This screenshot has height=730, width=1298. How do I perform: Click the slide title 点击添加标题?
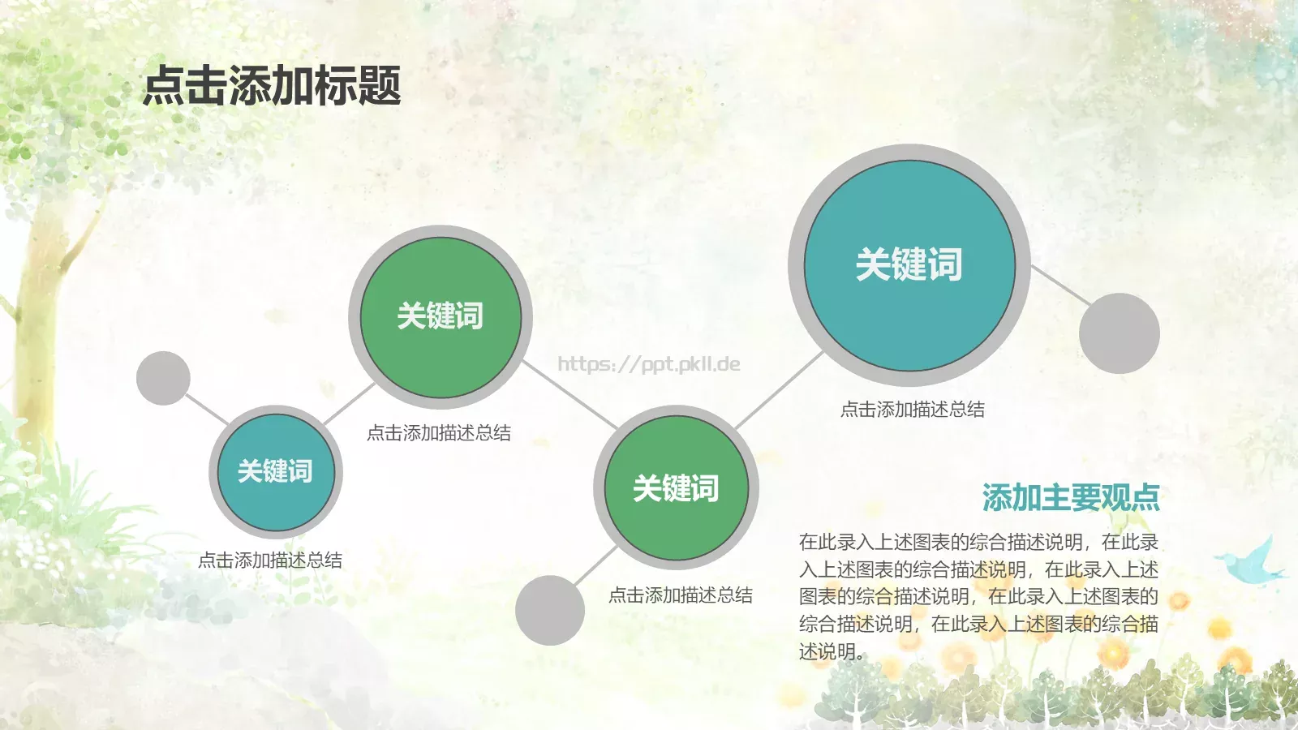(272, 86)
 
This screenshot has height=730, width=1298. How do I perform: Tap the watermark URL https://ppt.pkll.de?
(649, 363)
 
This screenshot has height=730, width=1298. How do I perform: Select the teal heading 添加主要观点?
(1071, 497)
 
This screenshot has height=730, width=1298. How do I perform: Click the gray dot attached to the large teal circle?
(1120, 333)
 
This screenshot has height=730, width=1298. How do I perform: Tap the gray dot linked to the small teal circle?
(163, 378)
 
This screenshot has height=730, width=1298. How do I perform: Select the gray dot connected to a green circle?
(550, 610)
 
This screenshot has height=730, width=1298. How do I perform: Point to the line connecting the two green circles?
(570, 395)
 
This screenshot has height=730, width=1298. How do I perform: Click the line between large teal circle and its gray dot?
(1061, 286)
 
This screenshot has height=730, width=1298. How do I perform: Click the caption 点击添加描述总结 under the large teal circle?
(913, 410)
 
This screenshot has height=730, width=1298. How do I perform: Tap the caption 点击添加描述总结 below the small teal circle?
(270, 560)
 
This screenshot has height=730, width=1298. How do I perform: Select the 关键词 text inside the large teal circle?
(909, 264)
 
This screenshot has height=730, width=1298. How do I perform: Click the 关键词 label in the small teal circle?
(276, 471)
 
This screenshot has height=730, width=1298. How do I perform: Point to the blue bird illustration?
(1253, 561)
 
